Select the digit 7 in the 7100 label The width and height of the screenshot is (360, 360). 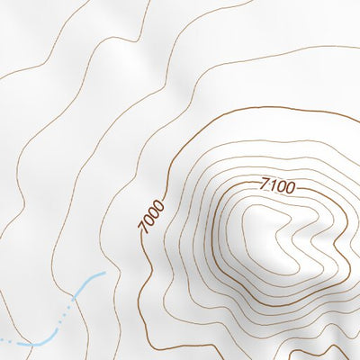265,184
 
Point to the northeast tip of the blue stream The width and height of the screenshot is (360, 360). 105,272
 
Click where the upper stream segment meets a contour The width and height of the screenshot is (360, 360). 76,302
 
